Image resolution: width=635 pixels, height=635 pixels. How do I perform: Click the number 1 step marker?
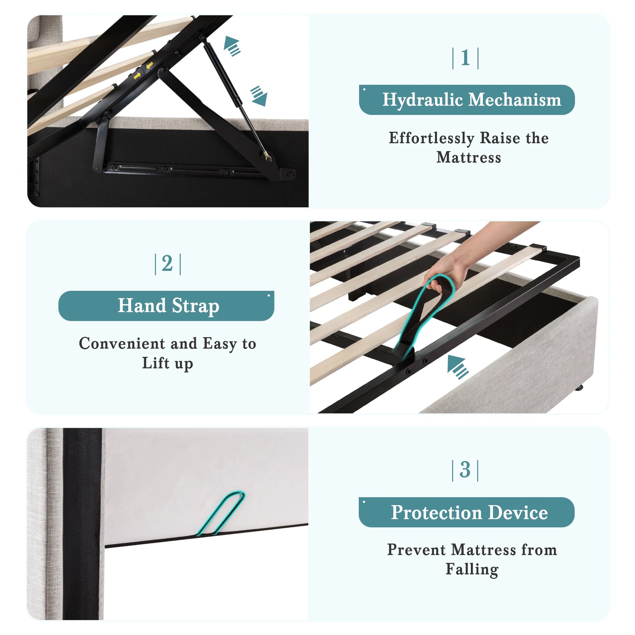click(x=465, y=58)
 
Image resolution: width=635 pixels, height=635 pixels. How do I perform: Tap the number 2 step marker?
click(x=167, y=264)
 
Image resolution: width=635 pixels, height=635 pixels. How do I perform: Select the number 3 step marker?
click(x=465, y=470)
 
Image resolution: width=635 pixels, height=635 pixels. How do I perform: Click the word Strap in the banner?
click(x=195, y=306)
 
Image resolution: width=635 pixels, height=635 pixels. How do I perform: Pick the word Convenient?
click(x=122, y=344)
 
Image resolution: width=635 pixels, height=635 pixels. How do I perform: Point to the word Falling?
click(x=472, y=570)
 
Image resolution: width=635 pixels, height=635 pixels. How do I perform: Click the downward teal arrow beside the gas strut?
click(x=259, y=96)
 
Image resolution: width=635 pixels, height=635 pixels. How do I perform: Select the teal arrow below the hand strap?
click(x=458, y=367)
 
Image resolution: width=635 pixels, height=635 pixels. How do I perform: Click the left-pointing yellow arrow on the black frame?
click(x=149, y=65)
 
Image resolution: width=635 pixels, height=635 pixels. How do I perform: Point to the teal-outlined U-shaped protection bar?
click(x=221, y=513)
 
